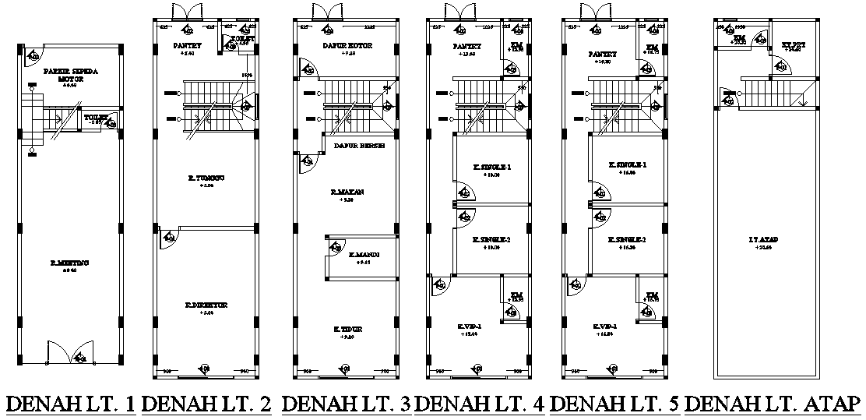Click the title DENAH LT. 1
pos(71,404)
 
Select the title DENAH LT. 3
pos(345,404)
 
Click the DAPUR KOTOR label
pos(347,46)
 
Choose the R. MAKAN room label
pos(347,191)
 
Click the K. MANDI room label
pos(364,255)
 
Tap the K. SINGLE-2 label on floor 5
pos(628,239)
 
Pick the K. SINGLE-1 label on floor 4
pos(492,167)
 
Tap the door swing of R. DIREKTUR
pos(168,238)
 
